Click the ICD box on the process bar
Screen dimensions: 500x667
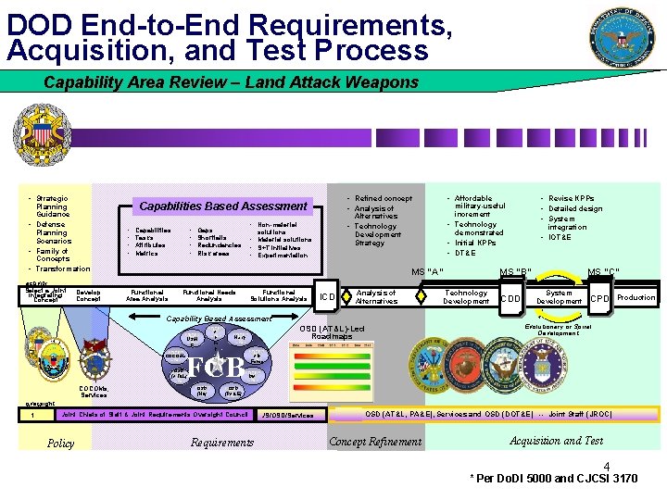tap(327, 297)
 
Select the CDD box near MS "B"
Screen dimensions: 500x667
tap(510, 298)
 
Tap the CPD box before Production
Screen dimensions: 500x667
tap(600, 298)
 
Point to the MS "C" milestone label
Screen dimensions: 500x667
tap(603, 271)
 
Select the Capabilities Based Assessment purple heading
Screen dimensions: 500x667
tap(222, 206)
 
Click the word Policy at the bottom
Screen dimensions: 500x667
tap(60, 444)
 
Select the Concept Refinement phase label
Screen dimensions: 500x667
tap(375, 442)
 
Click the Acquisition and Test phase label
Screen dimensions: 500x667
tap(556, 441)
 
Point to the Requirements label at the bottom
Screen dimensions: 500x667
tap(221, 443)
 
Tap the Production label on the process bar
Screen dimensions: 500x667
tap(636, 297)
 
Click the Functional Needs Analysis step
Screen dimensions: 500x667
tap(209, 295)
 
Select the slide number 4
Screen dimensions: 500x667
tap(607, 466)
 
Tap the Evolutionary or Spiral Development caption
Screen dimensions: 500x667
tap(558, 329)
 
